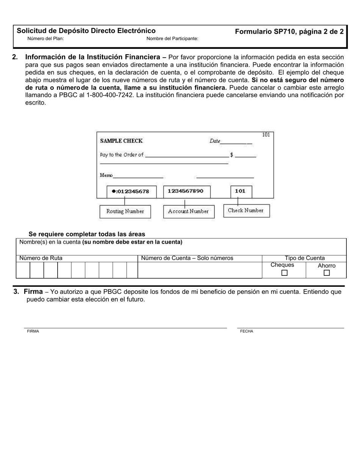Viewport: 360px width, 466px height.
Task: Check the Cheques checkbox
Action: pyautogui.click(x=285, y=273)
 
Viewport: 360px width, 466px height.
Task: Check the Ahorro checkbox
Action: pyautogui.click(x=327, y=273)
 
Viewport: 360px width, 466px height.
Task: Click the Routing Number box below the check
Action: pyautogui.click(x=125, y=211)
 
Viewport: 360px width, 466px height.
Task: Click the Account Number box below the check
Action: pyautogui.click(x=188, y=211)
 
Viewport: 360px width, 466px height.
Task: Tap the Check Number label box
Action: pyautogui.click(x=246, y=211)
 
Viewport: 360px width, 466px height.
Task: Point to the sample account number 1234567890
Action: pyautogui.click(x=185, y=191)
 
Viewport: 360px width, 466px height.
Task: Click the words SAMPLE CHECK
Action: pyautogui.click(x=121, y=141)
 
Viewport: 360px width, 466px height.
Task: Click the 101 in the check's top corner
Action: pyautogui.click(x=266, y=135)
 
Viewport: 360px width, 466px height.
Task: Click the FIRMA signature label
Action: pyautogui.click(x=33, y=331)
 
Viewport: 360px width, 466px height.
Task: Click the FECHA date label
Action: pyautogui.click(x=246, y=331)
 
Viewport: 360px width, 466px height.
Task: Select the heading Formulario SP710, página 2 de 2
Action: pyautogui.click(x=289, y=32)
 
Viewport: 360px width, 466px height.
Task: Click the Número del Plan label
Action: pyautogui.click(x=45, y=39)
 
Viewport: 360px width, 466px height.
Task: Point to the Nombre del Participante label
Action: pyautogui.click(x=172, y=39)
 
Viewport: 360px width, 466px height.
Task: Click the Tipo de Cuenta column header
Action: pyautogui.click(x=305, y=258)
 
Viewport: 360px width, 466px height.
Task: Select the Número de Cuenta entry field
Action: pyautogui.click(x=199, y=271)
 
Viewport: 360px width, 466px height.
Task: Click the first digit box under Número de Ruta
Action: pyautogui.click(x=23, y=271)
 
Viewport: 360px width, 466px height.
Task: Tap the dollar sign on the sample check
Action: pyautogui.click(x=232, y=155)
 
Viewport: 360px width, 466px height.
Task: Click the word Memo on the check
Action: pyautogui.click(x=106, y=175)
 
